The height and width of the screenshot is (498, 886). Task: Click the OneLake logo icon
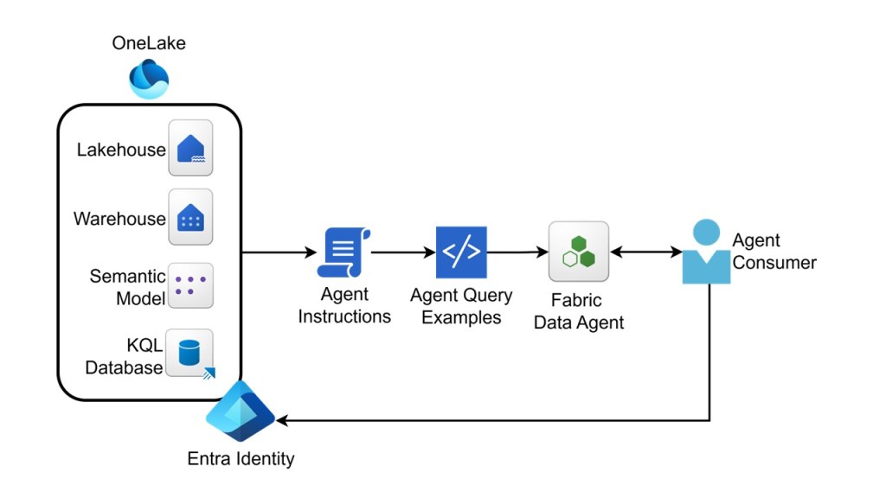(149, 80)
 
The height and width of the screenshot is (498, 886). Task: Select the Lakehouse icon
(190, 149)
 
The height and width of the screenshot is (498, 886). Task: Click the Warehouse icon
(190, 218)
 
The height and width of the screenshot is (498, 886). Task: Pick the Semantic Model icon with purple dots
(190, 286)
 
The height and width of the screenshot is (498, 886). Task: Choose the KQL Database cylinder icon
(189, 353)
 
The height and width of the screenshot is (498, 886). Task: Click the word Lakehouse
(121, 150)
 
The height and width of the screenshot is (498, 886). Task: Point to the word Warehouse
(119, 219)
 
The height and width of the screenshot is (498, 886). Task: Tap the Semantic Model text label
(127, 288)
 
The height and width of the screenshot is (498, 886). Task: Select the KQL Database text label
(124, 357)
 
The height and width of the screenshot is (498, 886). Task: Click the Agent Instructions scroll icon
(344, 252)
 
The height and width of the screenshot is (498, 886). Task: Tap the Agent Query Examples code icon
(461, 252)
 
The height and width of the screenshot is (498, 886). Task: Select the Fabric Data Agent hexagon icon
(579, 252)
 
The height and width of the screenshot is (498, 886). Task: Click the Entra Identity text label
(241, 458)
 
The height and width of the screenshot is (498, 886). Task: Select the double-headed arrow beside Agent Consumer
(645, 252)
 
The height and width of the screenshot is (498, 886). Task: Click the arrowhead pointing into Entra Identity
(282, 421)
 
